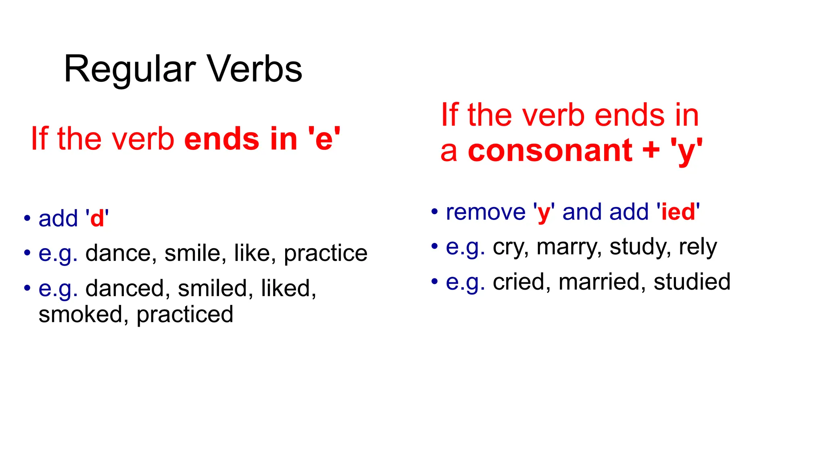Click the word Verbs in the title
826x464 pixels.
[x=254, y=69]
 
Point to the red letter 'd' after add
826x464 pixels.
[x=97, y=219]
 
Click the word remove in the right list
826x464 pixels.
[x=486, y=212]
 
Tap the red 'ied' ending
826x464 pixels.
[x=678, y=212]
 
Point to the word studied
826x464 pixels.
[x=692, y=282]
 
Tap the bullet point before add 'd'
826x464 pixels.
[x=27, y=218]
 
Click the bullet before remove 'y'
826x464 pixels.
[x=434, y=212]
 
